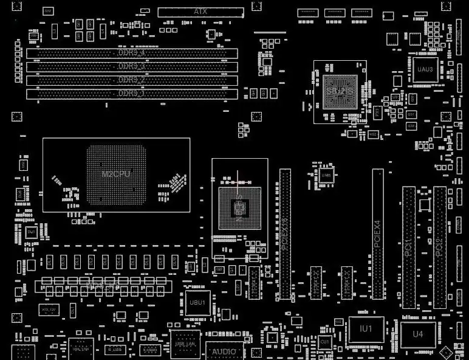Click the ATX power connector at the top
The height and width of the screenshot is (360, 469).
[200, 12]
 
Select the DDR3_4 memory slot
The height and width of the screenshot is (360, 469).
[131, 53]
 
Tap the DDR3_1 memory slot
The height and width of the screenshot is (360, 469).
[131, 94]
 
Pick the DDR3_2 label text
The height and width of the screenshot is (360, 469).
[131, 80]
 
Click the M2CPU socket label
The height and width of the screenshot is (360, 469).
[116, 175]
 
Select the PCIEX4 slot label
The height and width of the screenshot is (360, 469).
[377, 234]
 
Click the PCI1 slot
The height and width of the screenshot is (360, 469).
[409, 247]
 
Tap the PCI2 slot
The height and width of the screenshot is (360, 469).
[440, 247]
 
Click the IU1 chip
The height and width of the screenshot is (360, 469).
[366, 329]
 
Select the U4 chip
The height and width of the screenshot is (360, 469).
[418, 334]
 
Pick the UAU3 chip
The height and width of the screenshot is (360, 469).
[425, 69]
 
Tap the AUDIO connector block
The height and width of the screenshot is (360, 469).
[224, 351]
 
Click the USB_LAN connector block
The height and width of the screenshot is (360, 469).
[185, 344]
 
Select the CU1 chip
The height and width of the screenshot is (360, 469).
[325, 342]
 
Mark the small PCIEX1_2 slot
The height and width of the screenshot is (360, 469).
[315, 283]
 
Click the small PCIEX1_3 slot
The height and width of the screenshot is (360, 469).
[347, 283]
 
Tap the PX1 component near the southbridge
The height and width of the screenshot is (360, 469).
[377, 112]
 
